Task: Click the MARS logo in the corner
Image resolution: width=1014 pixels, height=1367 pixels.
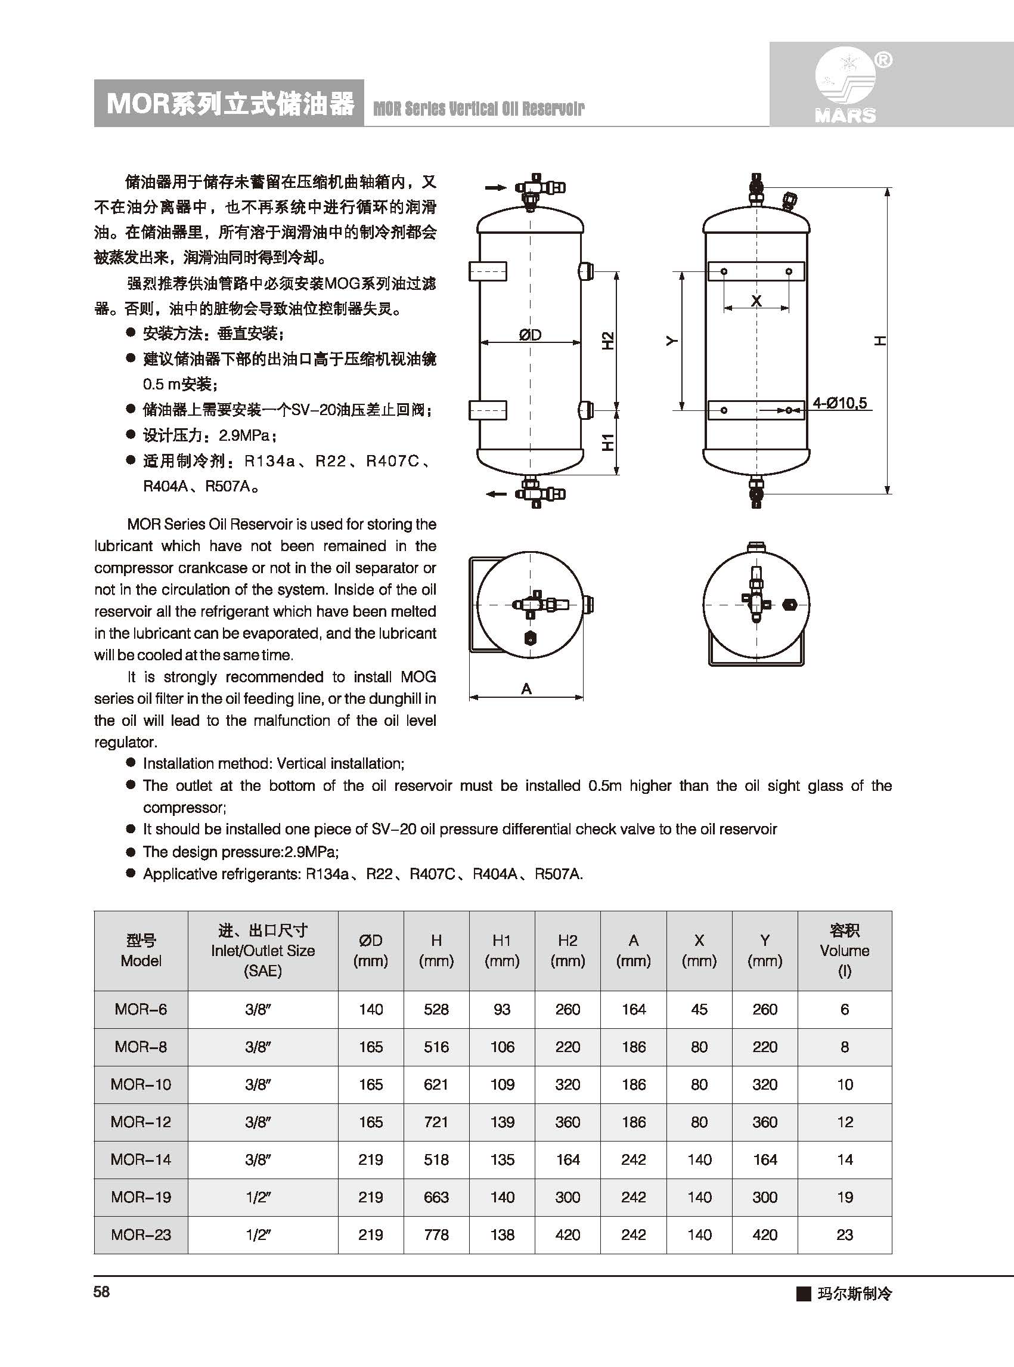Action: point(846,86)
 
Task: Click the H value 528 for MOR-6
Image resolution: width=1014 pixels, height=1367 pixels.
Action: point(436,1009)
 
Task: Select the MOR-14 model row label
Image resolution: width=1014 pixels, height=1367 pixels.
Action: point(141,1159)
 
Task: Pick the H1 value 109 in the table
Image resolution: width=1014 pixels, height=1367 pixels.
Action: point(501,1084)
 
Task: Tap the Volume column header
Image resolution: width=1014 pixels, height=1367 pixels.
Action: point(844,950)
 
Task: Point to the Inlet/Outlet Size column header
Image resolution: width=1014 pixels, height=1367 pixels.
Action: point(263,950)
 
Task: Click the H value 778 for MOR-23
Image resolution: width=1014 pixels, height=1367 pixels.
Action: point(436,1235)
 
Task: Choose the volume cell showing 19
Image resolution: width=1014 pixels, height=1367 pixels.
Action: point(845,1196)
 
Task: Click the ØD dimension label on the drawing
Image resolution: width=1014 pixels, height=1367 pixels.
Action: point(530,335)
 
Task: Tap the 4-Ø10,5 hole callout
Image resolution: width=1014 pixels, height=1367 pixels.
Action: point(839,403)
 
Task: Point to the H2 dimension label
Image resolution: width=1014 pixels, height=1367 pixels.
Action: point(607,341)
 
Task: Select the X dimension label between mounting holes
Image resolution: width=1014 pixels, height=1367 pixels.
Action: point(756,300)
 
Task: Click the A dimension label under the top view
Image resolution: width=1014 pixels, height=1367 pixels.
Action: point(526,689)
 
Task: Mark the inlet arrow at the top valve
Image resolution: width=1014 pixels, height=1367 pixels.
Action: point(496,187)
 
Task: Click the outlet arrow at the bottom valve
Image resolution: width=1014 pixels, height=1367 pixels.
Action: point(496,494)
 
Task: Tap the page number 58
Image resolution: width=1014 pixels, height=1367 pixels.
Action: point(102,1292)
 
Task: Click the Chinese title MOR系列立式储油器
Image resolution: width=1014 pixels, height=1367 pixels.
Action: point(230,103)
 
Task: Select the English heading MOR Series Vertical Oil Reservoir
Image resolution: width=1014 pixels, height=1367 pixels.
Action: point(479,109)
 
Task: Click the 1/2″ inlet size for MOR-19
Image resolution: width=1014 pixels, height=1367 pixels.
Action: point(258,1196)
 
